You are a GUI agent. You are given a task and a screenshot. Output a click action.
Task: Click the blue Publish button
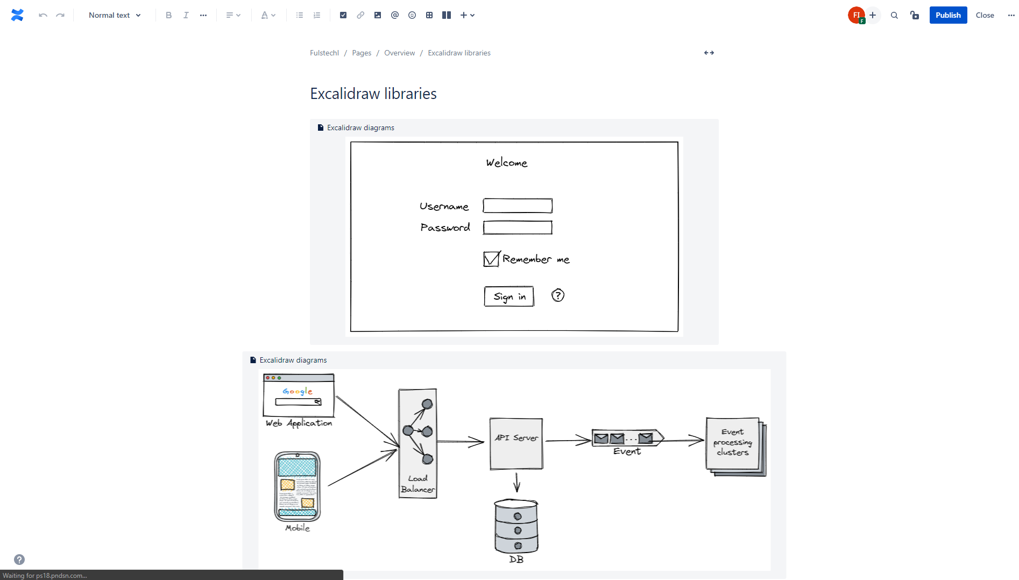947,15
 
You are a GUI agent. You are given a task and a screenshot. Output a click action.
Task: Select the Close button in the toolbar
985,15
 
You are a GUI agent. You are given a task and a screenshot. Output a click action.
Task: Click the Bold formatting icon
168,15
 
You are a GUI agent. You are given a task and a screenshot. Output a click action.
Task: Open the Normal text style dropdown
115,15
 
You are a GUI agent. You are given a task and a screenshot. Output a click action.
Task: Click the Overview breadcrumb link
399,53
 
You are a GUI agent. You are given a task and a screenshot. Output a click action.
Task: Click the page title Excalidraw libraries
373,94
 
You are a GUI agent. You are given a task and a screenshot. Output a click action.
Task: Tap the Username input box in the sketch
517,206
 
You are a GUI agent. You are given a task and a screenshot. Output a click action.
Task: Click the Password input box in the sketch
517,228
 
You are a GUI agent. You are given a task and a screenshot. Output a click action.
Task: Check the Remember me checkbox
491,259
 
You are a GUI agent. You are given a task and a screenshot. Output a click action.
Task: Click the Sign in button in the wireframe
509,296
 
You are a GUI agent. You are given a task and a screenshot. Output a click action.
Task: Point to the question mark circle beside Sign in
558,295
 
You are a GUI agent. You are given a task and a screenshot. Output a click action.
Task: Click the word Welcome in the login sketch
506,162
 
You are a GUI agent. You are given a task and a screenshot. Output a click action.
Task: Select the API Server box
516,444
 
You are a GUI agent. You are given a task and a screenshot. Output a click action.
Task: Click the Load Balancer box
417,443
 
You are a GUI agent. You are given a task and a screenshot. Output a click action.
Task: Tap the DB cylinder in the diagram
516,527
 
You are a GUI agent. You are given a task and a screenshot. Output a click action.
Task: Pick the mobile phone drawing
297,487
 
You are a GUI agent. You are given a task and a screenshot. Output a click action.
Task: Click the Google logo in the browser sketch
298,391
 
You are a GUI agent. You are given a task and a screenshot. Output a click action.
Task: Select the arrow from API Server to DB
516,482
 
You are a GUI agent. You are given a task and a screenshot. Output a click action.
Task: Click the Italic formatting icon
186,15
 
